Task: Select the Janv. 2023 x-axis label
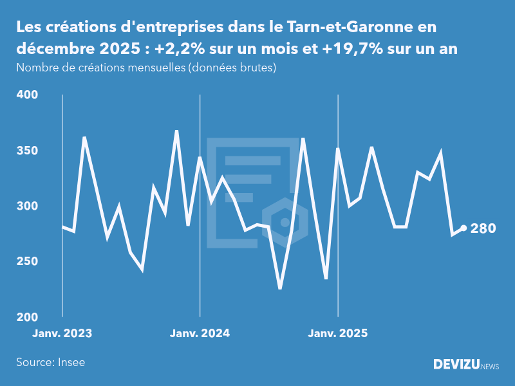pos(62,333)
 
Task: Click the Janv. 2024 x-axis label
pos(200,333)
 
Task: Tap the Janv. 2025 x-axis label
pos(338,333)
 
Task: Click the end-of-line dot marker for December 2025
pos(464,228)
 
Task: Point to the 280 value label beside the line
pos(483,228)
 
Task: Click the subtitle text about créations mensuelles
pos(146,68)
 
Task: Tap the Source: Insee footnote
pos(51,362)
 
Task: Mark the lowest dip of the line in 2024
pos(280,288)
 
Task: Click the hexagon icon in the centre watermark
pos(284,223)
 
